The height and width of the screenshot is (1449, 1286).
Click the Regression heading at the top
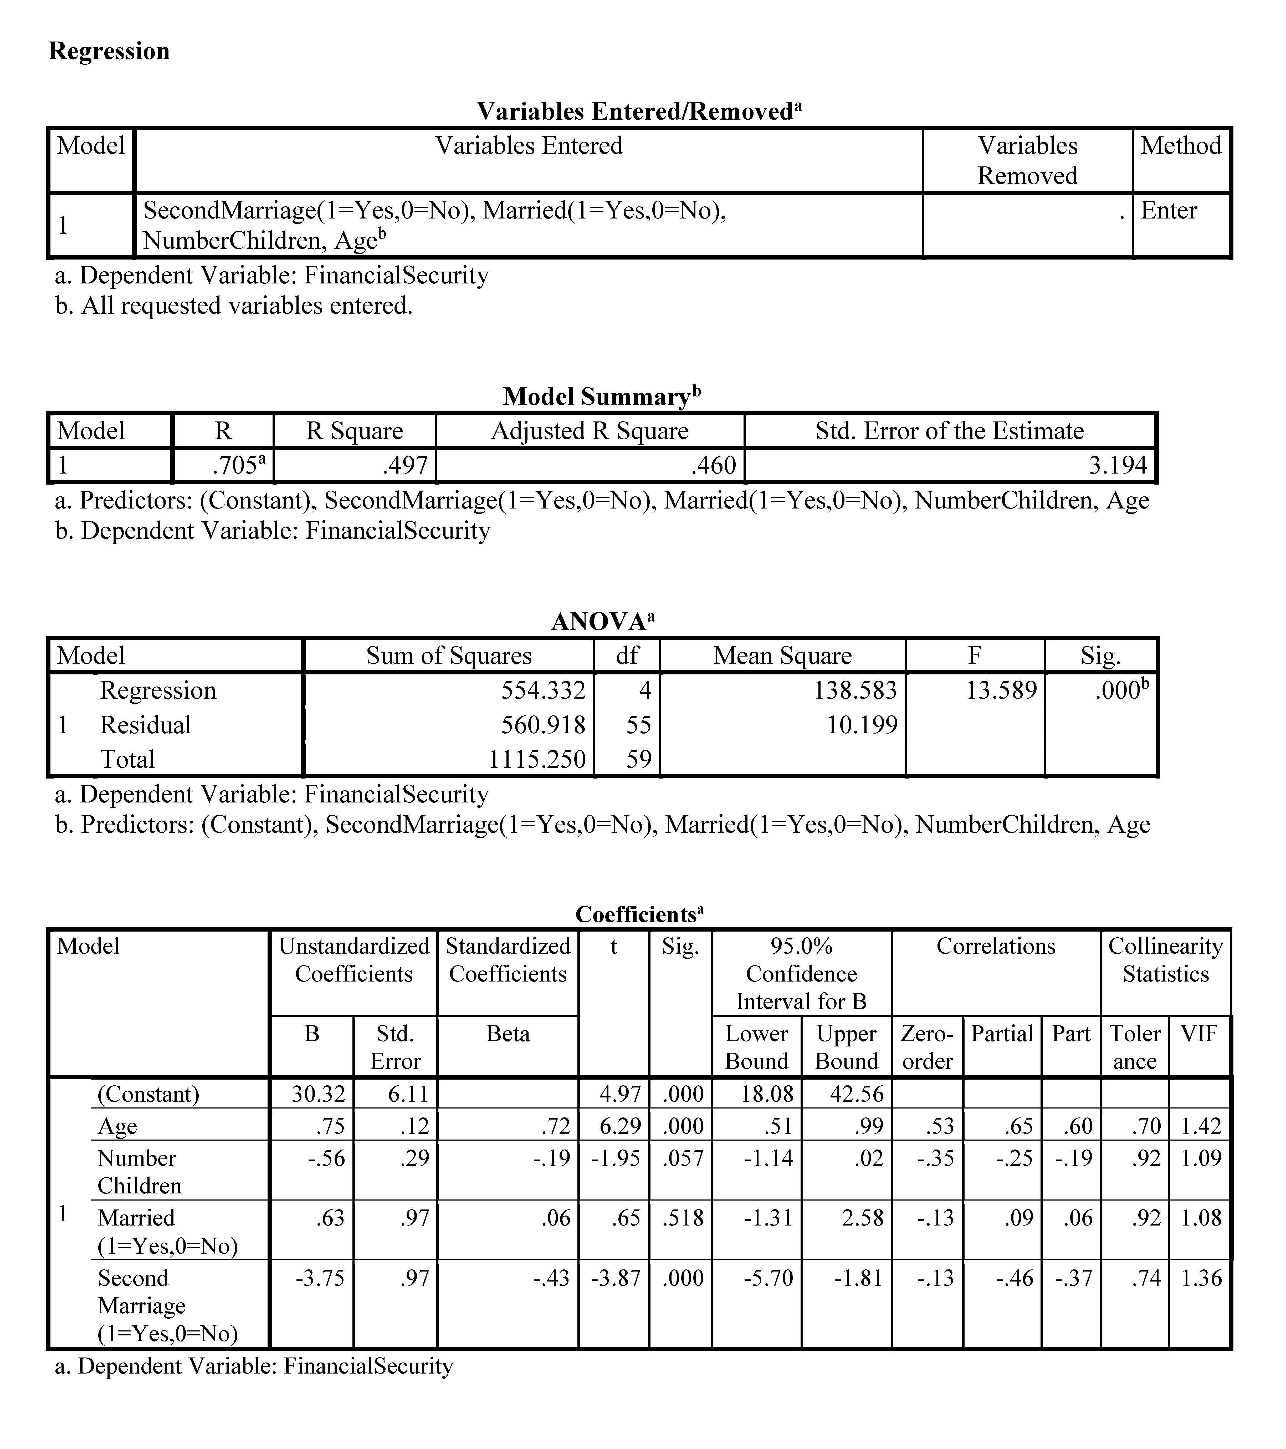109,51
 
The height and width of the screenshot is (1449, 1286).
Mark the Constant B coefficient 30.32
318,1094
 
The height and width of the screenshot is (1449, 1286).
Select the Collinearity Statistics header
1166,960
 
